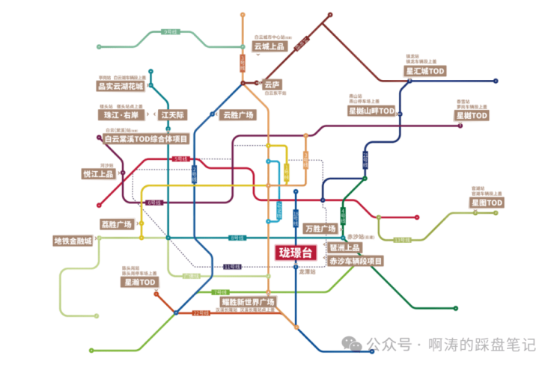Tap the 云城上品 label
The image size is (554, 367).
click(x=270, y=46)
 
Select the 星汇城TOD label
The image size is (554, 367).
click(x=425, y=71)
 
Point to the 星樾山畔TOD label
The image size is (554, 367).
click(x=371, y=111)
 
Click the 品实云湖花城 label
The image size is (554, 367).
click(x=120, y=86)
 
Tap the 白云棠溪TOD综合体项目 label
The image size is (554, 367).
click(x=146, y=139)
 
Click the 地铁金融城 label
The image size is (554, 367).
click(x=73, y=241)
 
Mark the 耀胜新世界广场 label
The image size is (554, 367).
click(x=248, y=301)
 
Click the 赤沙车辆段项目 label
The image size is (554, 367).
click(x=355, y=261)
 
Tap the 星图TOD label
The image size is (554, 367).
click(x=487, y=203)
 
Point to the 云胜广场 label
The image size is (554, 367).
click(x=238, y=115)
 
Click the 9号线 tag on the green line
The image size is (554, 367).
click(x=171, y=32)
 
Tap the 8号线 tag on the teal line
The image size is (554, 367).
click(x=237, y=238)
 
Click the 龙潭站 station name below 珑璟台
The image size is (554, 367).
click(x=307, y=272)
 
